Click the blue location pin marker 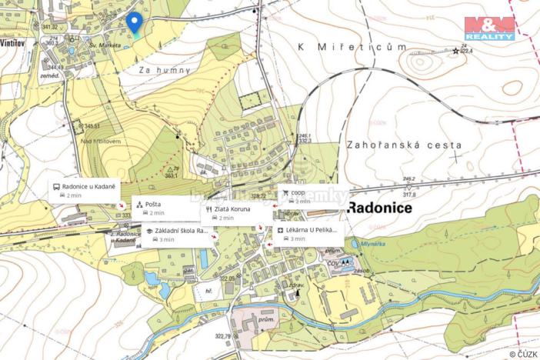tap(135, 23)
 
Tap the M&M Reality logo tap(489, 28)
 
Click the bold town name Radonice tap(379, 208)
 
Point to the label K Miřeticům tap(352, 48)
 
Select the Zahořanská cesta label tap(404, 144)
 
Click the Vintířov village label tap(15, 43)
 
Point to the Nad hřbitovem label tap(100, 142)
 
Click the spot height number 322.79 tap(223, 335)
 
